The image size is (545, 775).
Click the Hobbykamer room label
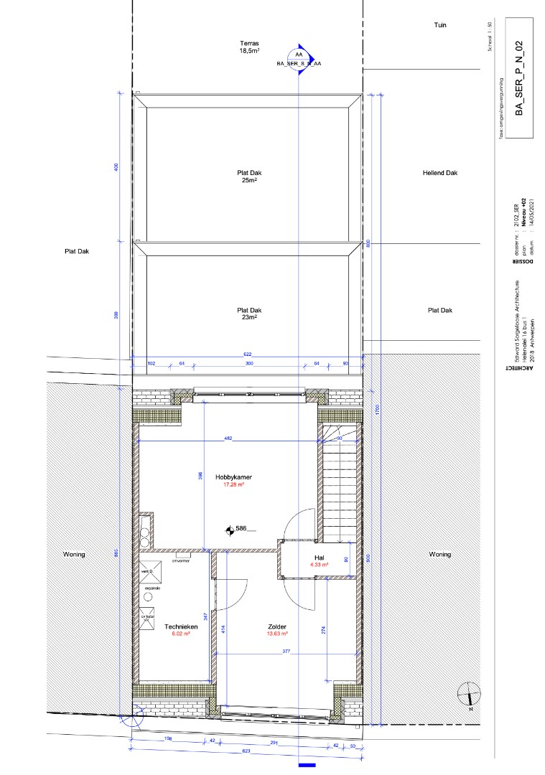233,476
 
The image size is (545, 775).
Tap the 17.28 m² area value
234,484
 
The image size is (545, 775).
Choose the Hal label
319,557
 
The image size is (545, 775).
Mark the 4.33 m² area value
319,565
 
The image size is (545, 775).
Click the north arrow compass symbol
468,694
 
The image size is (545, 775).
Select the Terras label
248,43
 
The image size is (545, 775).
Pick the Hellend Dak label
440,173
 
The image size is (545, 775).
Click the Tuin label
440,25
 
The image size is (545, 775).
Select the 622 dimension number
248,354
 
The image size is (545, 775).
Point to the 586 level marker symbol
230,530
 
